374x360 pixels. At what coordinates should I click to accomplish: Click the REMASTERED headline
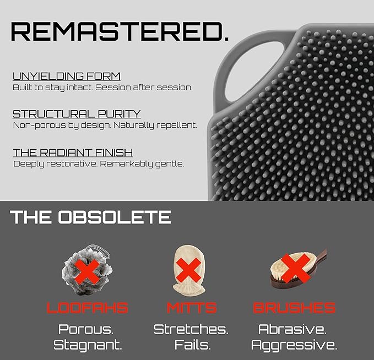pos(120,31)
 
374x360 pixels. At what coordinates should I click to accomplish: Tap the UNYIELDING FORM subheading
pos(67,77)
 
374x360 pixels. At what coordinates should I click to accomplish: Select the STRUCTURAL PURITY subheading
pos(77,114)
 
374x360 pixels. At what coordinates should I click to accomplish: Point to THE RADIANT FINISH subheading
pos(73,152)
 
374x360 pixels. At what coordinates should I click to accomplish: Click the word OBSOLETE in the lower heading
pos(115,217)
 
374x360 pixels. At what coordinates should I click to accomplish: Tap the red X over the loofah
pos(88,271)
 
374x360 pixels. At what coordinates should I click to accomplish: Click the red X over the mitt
pos(189,270)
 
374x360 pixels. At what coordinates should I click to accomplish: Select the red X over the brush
pos(295,268)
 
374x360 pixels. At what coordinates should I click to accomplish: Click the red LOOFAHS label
pos(88,308)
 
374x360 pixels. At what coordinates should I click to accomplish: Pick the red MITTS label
pos(192,308)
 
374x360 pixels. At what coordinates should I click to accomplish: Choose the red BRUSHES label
pos(294,308)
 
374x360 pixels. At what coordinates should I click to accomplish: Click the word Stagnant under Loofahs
pos(88,345)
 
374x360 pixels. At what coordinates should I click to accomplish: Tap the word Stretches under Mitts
pos(191,329)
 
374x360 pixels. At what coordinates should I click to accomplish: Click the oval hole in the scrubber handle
pos(254,72)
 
